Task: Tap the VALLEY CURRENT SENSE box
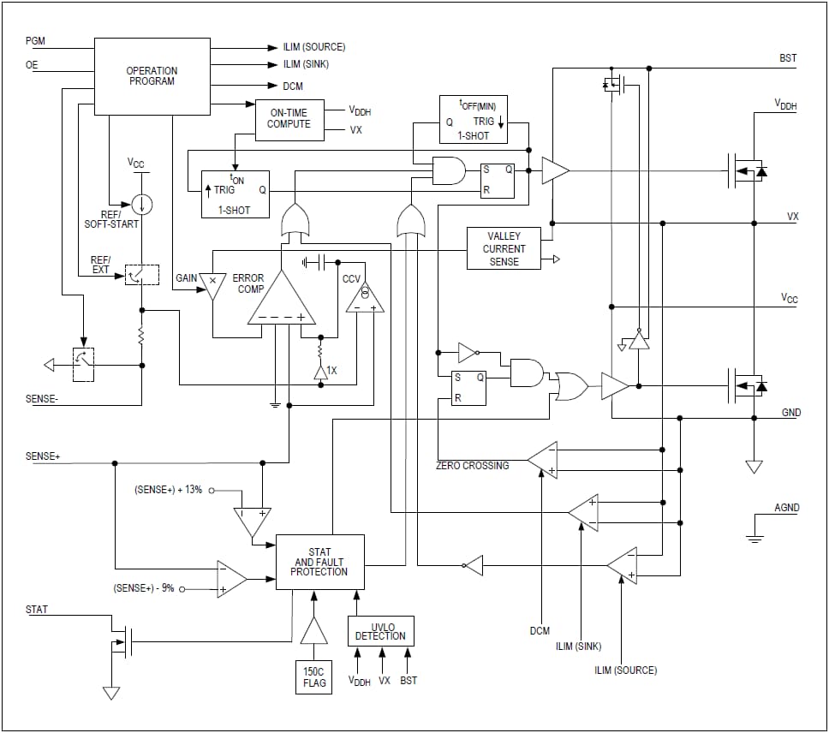tap(504, 248)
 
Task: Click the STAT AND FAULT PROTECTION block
tap(319, 562)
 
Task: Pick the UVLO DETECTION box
tap(380, 632)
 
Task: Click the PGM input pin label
tap(36, 41)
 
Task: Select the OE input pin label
tap(33, 64)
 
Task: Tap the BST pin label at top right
tap(788, 58)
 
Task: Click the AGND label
tap(786, 508)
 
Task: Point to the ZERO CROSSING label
tap(472, 466)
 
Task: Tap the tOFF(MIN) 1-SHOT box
tap(473, 119)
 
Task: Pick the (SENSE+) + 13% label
tap(168, 491)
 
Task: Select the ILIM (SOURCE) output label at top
tap(313, 47)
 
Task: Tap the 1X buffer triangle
tap(320, 371)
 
